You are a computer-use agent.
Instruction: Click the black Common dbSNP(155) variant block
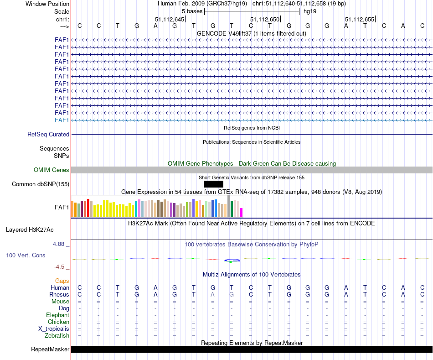click(x=214, y=184)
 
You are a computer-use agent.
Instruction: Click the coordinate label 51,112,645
click(x=170, y=20)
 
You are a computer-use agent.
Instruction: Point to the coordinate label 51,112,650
click(x=265, y=20)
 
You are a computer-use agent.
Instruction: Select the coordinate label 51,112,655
click(x=360, y=20)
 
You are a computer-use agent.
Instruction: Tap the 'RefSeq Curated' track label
click(x=48, y=135)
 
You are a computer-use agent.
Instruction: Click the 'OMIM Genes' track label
click(x=52, y=170)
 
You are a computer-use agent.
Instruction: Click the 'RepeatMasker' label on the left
click(x=50, y=350)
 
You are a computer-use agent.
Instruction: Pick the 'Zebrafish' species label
click(x=57, y=336)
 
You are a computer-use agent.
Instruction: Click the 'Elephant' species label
click(x=57, y=315)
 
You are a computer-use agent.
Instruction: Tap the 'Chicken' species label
click(x=58, y=322)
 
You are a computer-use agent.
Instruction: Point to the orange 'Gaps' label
click(x=62, y=281)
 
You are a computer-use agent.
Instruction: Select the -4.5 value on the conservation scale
click(x=59, y=267)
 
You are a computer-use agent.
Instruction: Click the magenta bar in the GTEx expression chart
click(x=242, y=213)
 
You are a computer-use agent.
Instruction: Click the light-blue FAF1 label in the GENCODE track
click(x=62, y=120)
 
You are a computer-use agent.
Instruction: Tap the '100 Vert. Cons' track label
click(x=26, y=256)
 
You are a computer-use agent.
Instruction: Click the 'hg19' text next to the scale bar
click(x=310, y=11)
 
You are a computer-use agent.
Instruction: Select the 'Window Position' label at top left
click(x=47, y=4)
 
